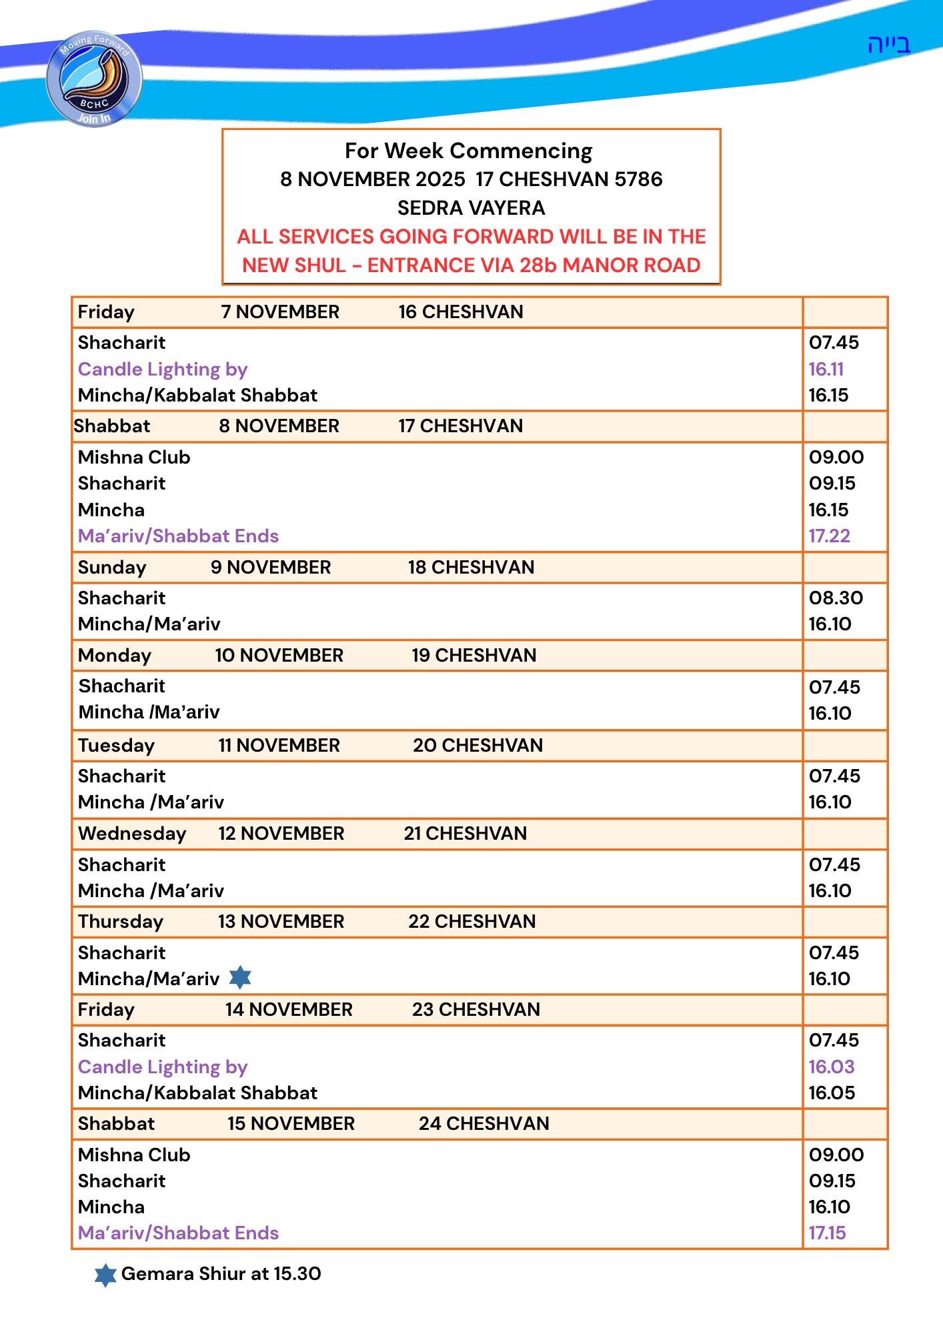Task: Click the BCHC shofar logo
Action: [x=94, y=79]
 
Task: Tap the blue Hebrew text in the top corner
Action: [x=888, y=45]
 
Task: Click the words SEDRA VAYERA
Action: [x=471, y=208]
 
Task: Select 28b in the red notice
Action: [x=538, y=265]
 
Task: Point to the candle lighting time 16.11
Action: [x=826, y=369]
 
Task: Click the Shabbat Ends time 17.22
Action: [x=829, y=536]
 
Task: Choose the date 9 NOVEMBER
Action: [x=271, y=567]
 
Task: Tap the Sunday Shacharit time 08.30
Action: [x=836, y=598]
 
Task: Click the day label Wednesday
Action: [x=132, y=833]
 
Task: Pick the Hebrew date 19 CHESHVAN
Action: [x=474, y=655]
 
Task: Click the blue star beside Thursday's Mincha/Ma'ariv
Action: [x=240, y=978]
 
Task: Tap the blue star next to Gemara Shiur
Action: [x=105, y=1275]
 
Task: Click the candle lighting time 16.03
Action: [x=831, y=1067]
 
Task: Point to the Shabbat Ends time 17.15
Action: [x=827, y=1233]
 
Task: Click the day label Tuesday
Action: [x=116, y=745]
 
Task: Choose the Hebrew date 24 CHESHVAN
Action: [x=484, y=1123]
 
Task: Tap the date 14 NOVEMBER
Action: [x=289, y=1009]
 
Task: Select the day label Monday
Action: [x=115, y=655]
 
